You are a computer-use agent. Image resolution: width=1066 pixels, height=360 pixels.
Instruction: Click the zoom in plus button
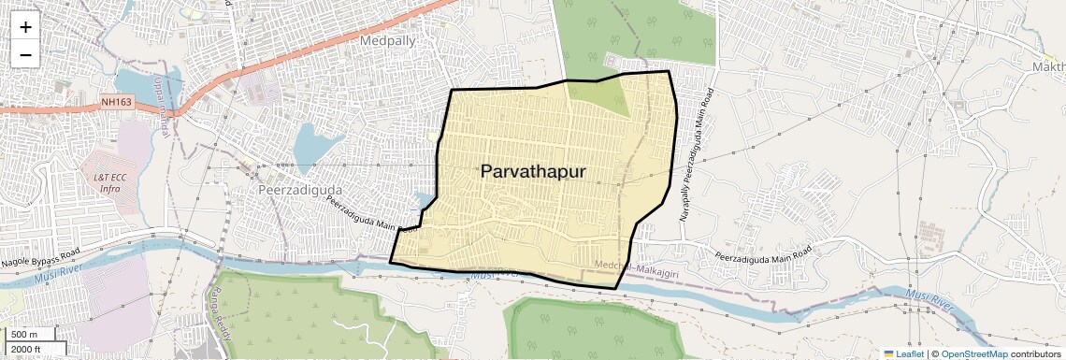pyautogui.click(x=25, y=26)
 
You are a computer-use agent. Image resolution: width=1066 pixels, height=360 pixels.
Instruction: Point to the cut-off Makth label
pyautogui.click(x=1048, y=67)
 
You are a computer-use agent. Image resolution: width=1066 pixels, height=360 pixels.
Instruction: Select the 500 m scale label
pyautogui.click(x=26, y=335)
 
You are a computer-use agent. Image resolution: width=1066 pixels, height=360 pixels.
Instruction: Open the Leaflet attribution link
pyautogui.click(x=910, y=353)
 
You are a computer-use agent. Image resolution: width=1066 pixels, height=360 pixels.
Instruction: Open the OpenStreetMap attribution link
pyautogui.click(x=973, y=353)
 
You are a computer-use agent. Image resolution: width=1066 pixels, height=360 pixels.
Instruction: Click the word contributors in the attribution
pyautogui.click(x=1036, y=353)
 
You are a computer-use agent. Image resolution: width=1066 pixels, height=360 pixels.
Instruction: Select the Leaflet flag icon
pyautogui.click(x=889, y=353)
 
